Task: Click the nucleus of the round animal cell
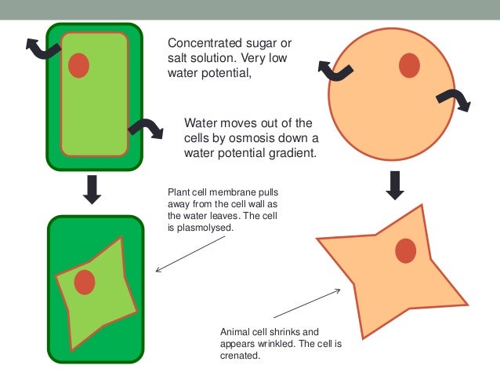[409, 66]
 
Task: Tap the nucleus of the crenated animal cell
[405, 251]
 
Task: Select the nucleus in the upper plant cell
[78, 65]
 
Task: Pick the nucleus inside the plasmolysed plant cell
[85, 281]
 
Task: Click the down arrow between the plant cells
[92, 189]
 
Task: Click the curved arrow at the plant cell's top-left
[43, 49]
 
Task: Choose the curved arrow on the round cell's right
[453, 100]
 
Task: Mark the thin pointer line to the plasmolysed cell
[195, 251]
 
